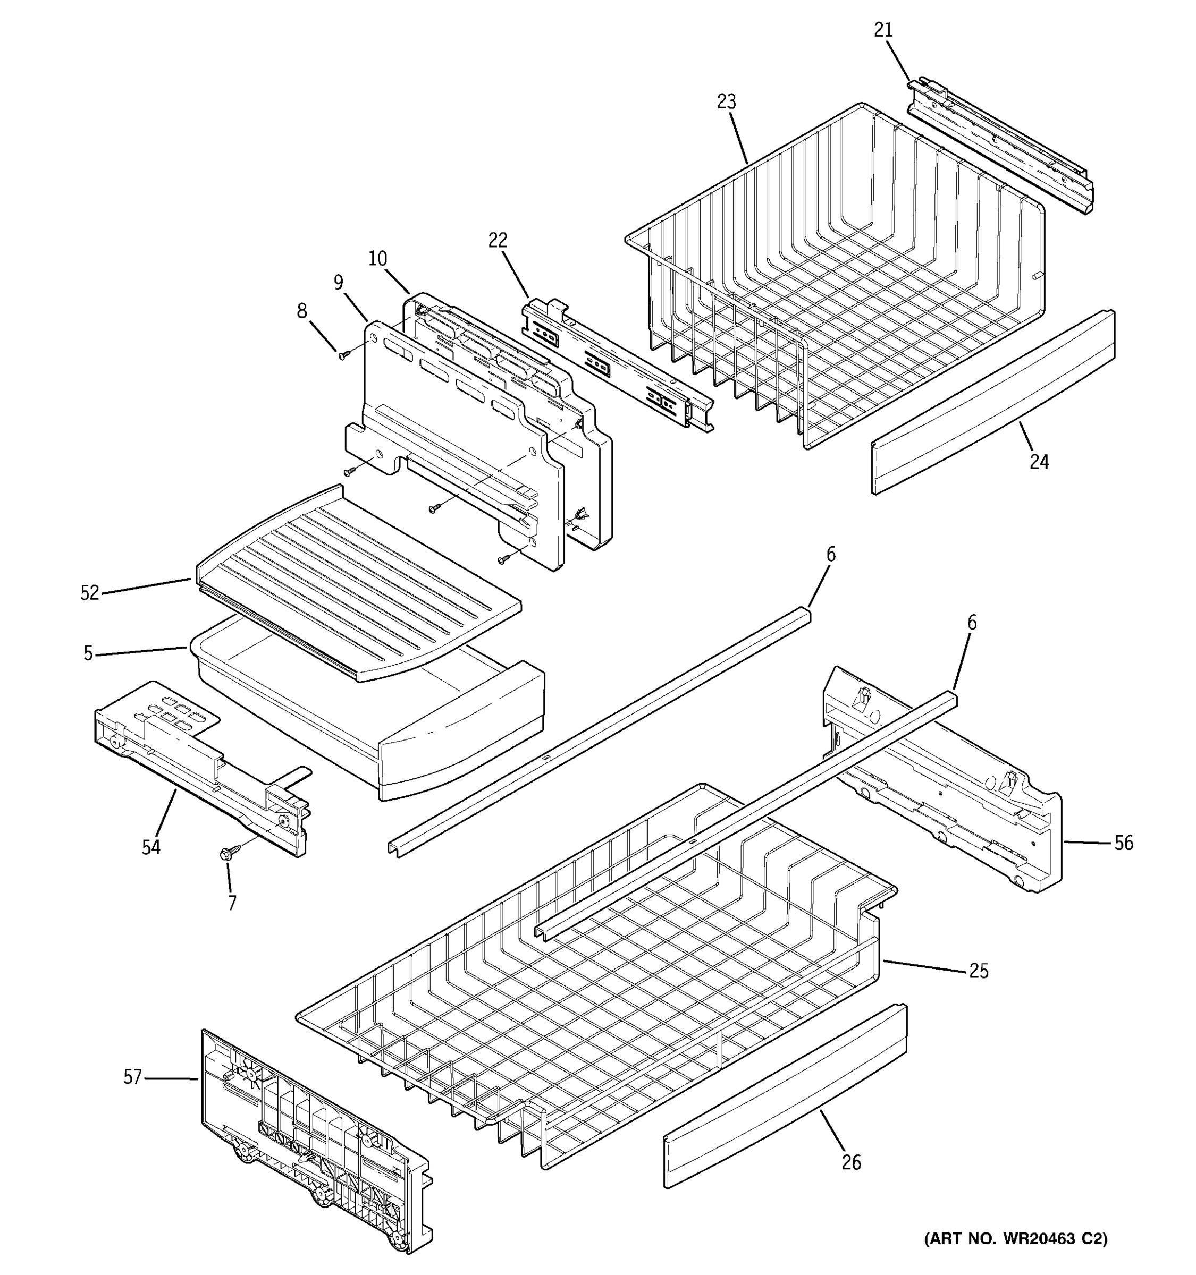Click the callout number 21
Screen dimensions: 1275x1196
click(883, 30)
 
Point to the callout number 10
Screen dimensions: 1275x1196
click(378, 259)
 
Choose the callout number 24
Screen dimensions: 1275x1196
click(1039, 461)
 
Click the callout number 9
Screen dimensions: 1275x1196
click(338, 283)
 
